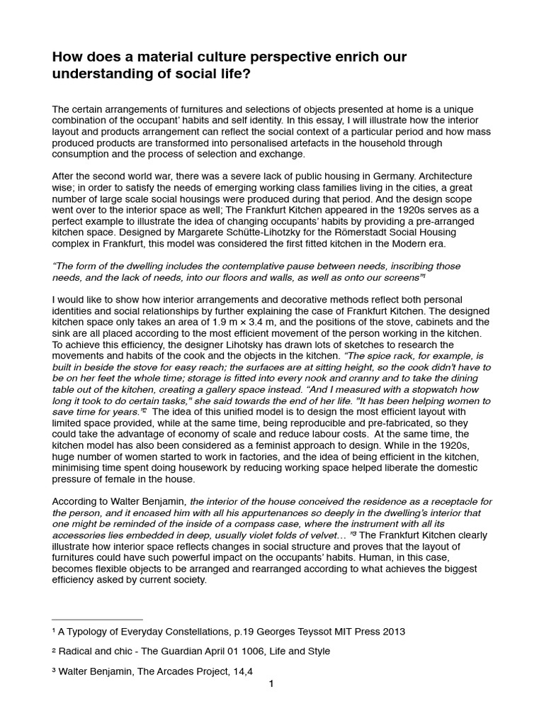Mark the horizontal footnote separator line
(98, 620)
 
